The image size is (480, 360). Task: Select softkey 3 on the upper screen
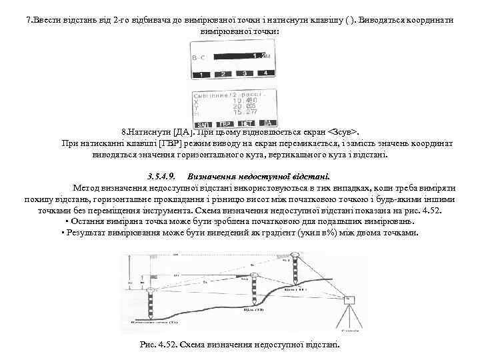pos(245,73)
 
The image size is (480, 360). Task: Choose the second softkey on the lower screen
pos(225,124)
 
